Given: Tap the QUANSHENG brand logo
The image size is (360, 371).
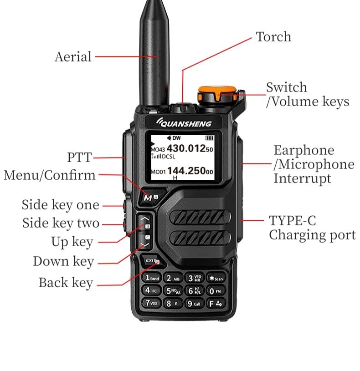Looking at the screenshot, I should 185,123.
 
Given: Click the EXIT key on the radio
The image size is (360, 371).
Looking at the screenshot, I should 151,261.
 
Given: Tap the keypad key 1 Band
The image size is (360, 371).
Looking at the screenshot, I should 152,278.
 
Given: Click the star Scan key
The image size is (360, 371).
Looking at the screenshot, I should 216,278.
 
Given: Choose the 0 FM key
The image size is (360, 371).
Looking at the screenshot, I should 216,290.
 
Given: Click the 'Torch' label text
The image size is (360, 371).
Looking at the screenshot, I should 273,37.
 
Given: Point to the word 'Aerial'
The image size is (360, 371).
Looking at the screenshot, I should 73,57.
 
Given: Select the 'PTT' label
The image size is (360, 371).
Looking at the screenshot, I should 79,158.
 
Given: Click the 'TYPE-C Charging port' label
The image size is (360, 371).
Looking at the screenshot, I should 312,228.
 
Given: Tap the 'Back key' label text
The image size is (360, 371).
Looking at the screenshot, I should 66,283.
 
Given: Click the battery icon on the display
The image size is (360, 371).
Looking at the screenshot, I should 209,138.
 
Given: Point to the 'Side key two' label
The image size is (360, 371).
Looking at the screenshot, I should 61,224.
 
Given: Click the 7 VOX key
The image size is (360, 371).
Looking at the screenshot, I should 152,303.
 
